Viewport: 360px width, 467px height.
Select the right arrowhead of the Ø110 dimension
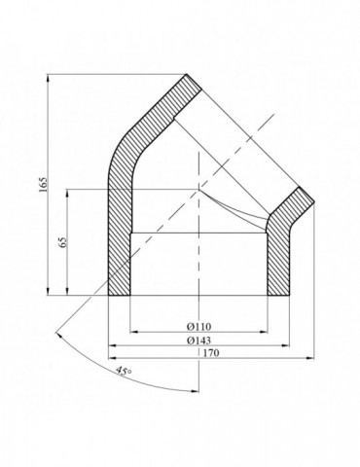pos(269,331)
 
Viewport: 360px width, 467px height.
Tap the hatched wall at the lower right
pos(280,258)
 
